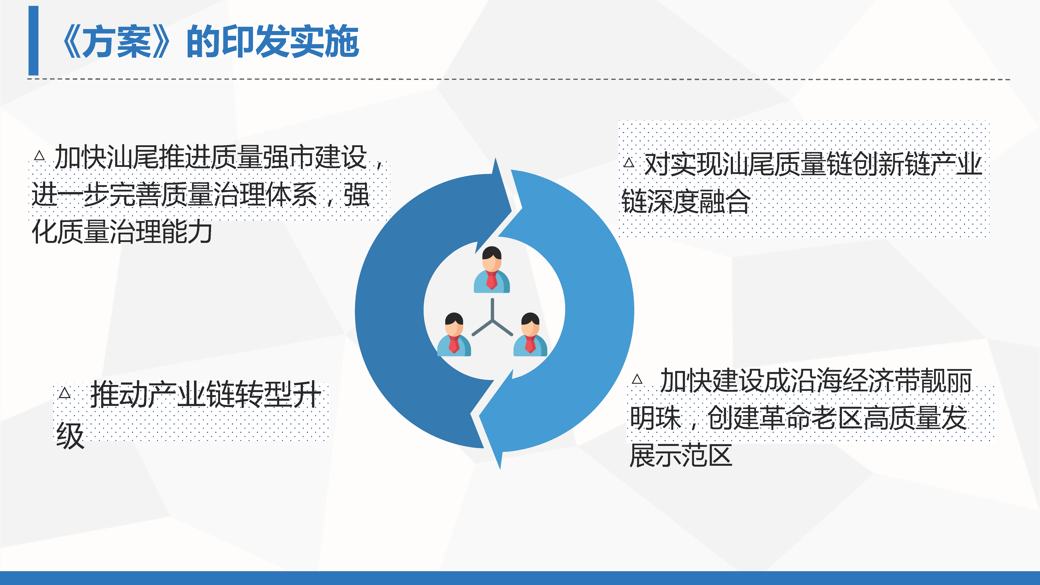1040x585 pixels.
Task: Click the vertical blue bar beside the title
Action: (x=33, y=40)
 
